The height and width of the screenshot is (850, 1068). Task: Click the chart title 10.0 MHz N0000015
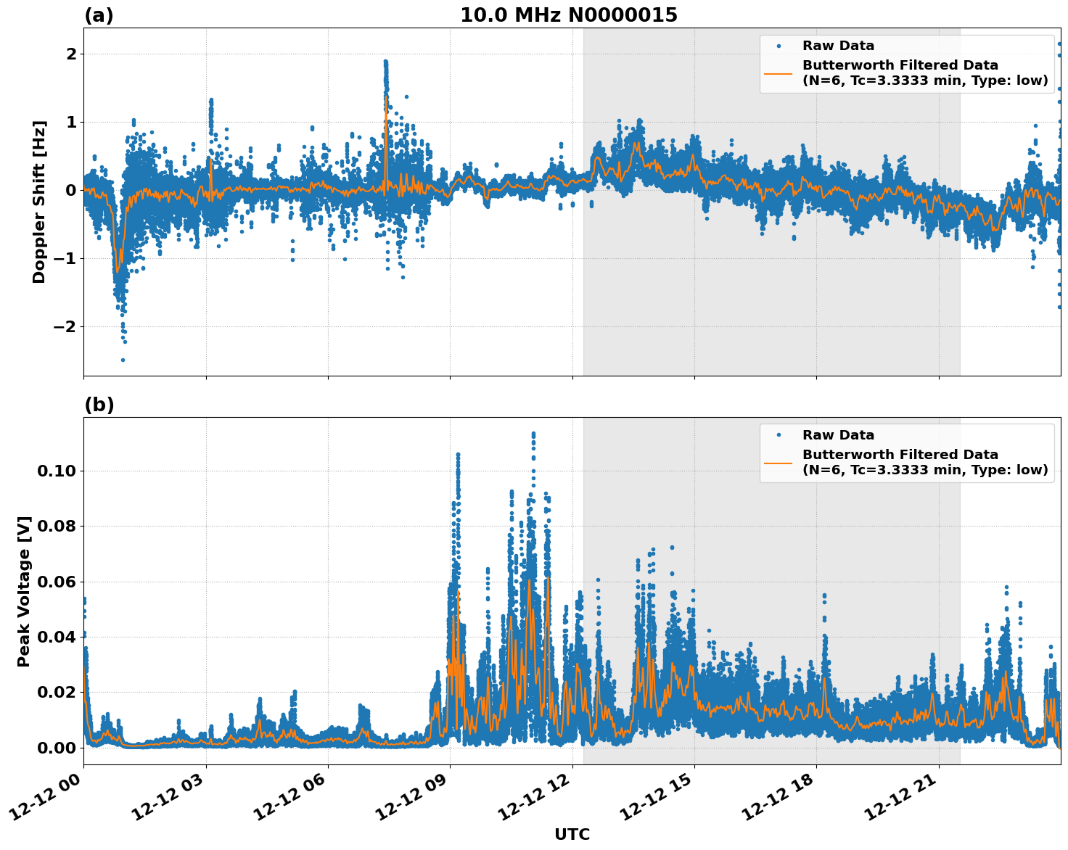tap(569, 15)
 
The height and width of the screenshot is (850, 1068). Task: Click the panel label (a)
tap(99, 15)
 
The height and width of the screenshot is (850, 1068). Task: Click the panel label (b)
tap(99, 405)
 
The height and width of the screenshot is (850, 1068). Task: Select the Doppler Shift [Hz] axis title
tap(39, 202)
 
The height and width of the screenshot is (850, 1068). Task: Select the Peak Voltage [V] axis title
tap(24, 591)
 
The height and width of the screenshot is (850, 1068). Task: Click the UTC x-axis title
tap(572, 834)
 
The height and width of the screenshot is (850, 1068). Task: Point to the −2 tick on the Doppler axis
tap(65, 326)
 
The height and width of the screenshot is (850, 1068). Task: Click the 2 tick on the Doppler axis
tap(71, 54)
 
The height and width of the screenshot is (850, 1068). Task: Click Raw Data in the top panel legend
tap(838, 46)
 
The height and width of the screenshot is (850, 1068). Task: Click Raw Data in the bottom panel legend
tap(838, 435)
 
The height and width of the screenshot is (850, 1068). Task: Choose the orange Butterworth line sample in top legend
tap(778, 73)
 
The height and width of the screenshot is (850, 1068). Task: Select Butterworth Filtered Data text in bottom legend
tap(900, 455)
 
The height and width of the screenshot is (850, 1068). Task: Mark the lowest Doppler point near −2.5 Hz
tap(123, 360)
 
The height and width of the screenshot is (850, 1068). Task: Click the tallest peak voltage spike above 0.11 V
tap(533, 434)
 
